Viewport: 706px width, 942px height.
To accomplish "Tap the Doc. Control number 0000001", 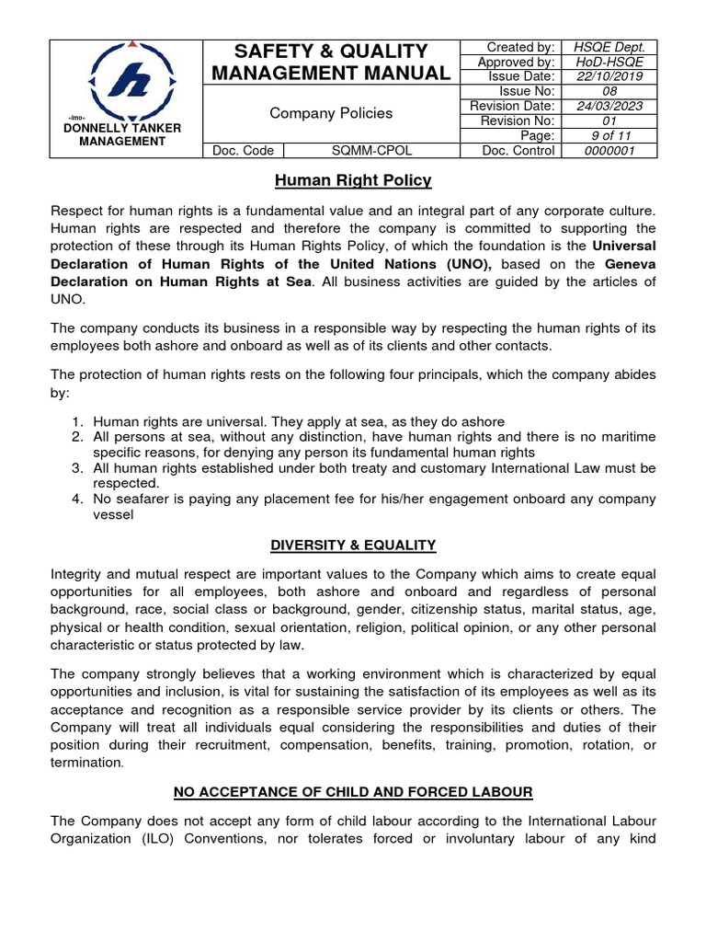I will coord(609,151).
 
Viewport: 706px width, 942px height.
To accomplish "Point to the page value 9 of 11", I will coord(609,135).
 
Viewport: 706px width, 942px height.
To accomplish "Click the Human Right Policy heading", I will coord(353,181).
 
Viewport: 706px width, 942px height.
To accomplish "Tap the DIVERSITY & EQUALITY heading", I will coord(353,546).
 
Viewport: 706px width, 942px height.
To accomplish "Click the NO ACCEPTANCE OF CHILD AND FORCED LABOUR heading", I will coord(353,791).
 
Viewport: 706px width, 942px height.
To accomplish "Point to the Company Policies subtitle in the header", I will coord(331,113).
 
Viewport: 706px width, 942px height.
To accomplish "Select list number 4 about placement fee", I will coord(77,499).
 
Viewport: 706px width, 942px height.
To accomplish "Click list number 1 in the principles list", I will coord(77,421).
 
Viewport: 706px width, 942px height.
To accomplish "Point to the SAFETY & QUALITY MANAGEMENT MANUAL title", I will coord(331,62).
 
